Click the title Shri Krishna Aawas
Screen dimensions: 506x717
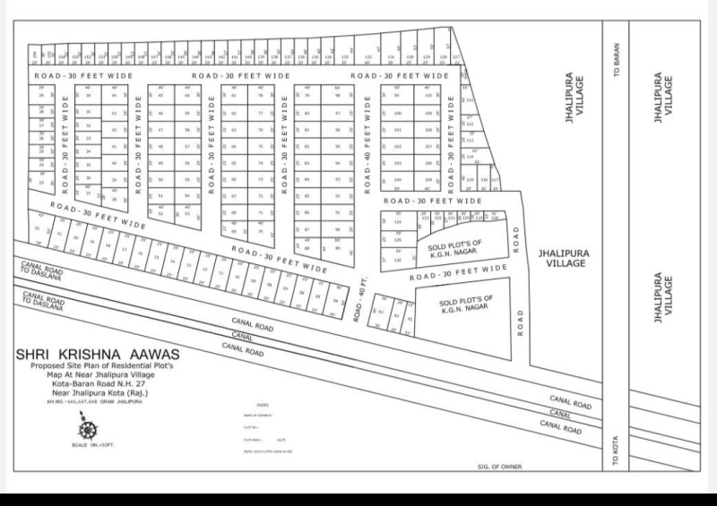97,355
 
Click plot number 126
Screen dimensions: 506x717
399,259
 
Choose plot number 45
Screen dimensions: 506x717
161,114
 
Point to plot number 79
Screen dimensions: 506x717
307,96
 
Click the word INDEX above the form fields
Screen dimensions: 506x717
263,406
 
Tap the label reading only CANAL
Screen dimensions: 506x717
561,414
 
